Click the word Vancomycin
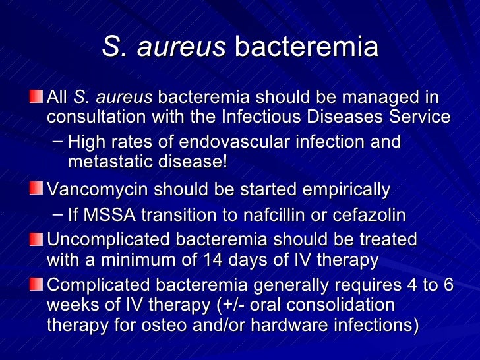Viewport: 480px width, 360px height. (91, 191)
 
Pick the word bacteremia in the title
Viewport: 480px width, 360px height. (307, 47)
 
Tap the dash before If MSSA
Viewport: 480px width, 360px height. (57, 215)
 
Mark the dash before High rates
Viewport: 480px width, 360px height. (57, 141)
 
